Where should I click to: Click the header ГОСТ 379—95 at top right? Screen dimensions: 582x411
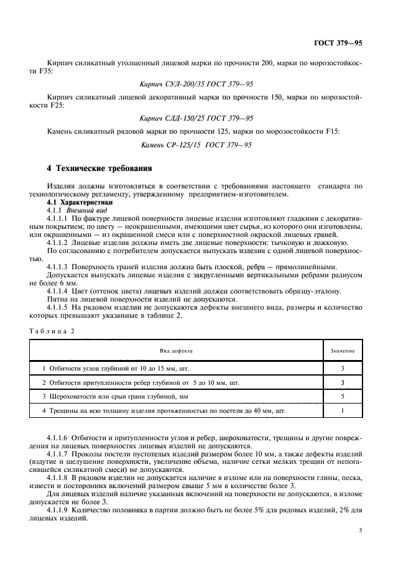click(x=340, y=43)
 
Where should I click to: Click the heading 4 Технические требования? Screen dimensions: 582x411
click(x=100, y=169)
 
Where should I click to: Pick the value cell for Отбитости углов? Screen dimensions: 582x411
click(x=343, y=368)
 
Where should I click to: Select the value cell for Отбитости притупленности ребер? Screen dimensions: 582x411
click(x=343, y=382)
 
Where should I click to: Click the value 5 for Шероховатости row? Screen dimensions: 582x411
click(x=343, y=396)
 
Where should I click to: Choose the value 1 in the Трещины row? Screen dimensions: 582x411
click(x=343, y=410)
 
